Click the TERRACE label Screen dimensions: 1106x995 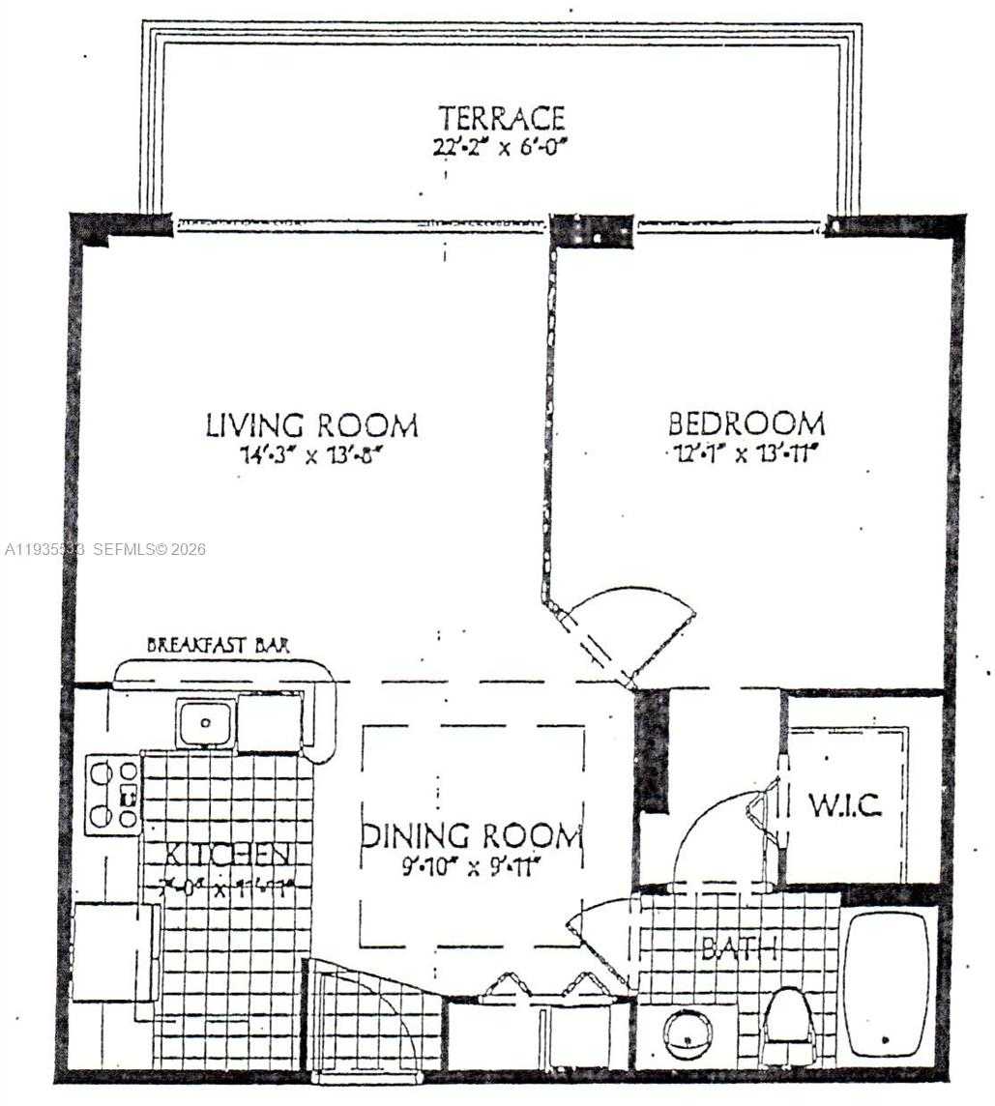[501, 119]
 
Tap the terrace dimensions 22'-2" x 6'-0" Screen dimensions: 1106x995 [501, 148]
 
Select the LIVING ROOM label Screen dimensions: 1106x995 [311, 425]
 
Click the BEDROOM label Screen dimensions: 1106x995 [746, 423]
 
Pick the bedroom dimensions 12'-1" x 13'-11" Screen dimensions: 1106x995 [746, 453]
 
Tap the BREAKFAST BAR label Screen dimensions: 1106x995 [218, 645]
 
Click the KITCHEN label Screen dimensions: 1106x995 [228, 855]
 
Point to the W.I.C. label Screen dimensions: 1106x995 [844, 805]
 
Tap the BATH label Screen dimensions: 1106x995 [740, 948]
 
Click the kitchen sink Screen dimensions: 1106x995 [204, 722]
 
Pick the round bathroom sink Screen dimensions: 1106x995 [688, 1033]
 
